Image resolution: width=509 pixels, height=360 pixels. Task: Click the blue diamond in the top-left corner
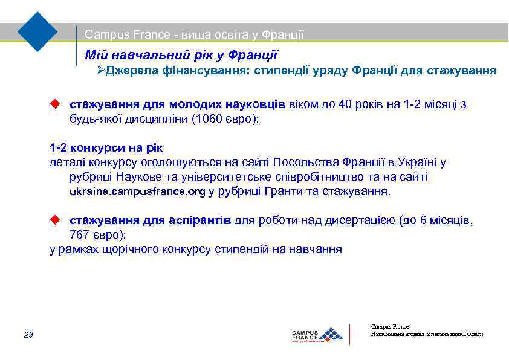pyautogui.click(x=37, y=31)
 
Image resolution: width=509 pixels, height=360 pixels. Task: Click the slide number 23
pyautogui.click(x=28, y=335)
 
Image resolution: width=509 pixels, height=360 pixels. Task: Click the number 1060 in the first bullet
pyautogui.click(x=206, y=118)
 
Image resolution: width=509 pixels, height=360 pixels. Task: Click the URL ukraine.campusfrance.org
pyautogui.click(x=138, y=191)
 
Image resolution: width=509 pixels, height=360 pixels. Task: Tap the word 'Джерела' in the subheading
pyautogui.click(x=132, y=71)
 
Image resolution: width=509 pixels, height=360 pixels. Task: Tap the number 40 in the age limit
pyautogui.click(x=345, y=104)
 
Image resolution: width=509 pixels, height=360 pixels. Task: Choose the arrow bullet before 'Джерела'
pyautogui.click(x=101, y=71)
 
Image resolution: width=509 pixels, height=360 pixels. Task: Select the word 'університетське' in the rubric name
pyautogui.click(x=233, y=176)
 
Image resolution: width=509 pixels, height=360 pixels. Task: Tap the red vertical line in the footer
pyautogui.click(x=350, y=334)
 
